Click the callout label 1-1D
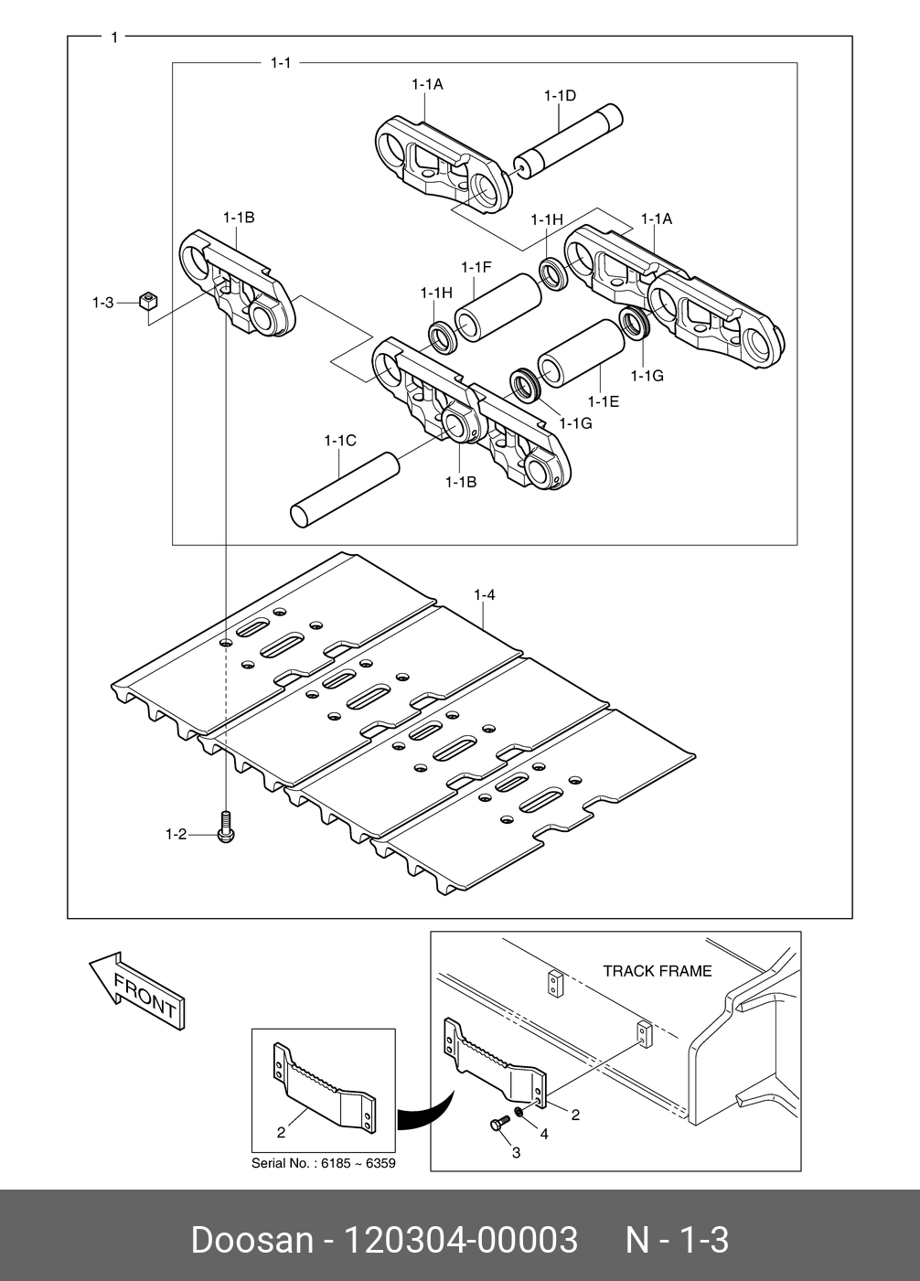[560, 96]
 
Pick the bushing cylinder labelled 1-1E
[581, 352]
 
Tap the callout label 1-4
[485, 595]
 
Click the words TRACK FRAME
[657, 971]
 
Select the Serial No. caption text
[324, 1164]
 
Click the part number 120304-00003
[460, 1241]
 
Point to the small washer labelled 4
[519, 1111]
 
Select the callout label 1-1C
[340, 441]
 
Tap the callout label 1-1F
[476, 267]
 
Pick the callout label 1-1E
[604, 400]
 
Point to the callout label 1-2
[176, 834]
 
